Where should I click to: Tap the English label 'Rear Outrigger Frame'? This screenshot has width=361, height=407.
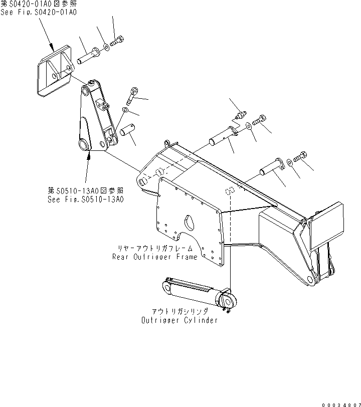pyautogui.click(x=155, y=257)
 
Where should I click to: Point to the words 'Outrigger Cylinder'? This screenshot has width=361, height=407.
pyautogui.click(x=179, y=320)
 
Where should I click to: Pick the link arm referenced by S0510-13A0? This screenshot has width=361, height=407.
pyautogui.click(x=95, y=120)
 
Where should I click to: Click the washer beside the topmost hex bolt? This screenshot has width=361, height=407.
pyautogui.click(x=107, y=49)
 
